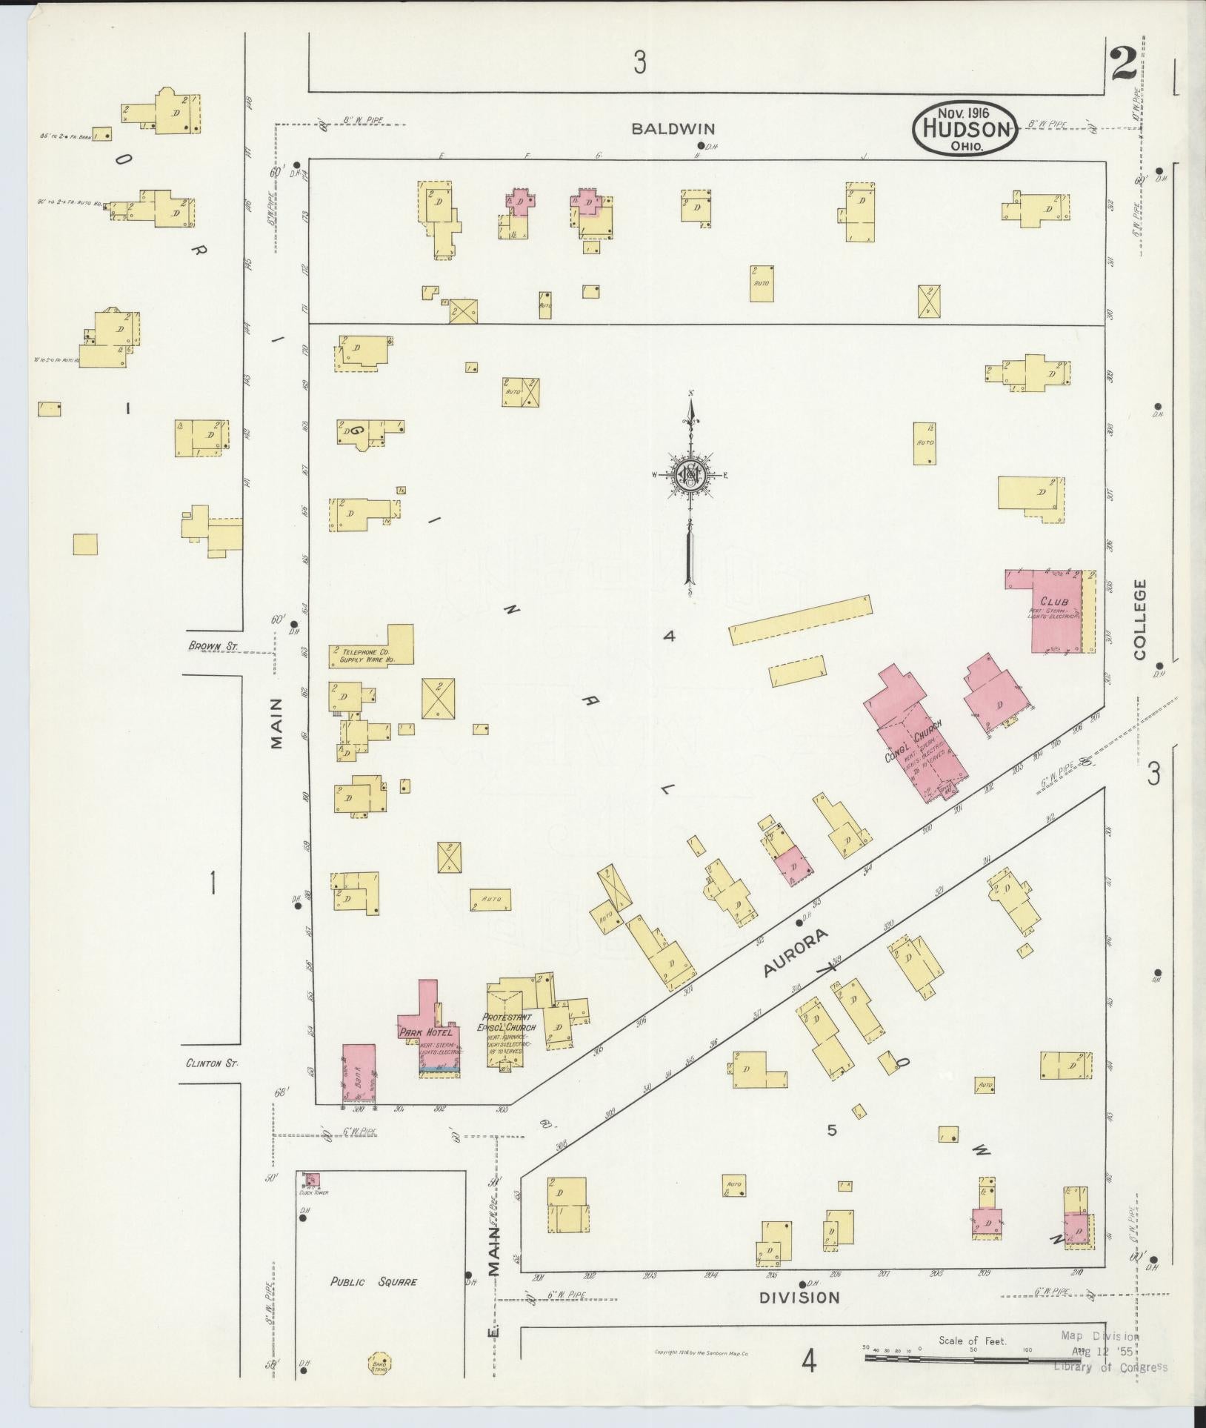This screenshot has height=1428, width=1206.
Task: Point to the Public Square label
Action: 373,1282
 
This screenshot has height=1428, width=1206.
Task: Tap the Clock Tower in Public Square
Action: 311,1179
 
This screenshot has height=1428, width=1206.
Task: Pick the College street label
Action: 1139,619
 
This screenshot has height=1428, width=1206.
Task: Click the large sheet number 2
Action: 1124,65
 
